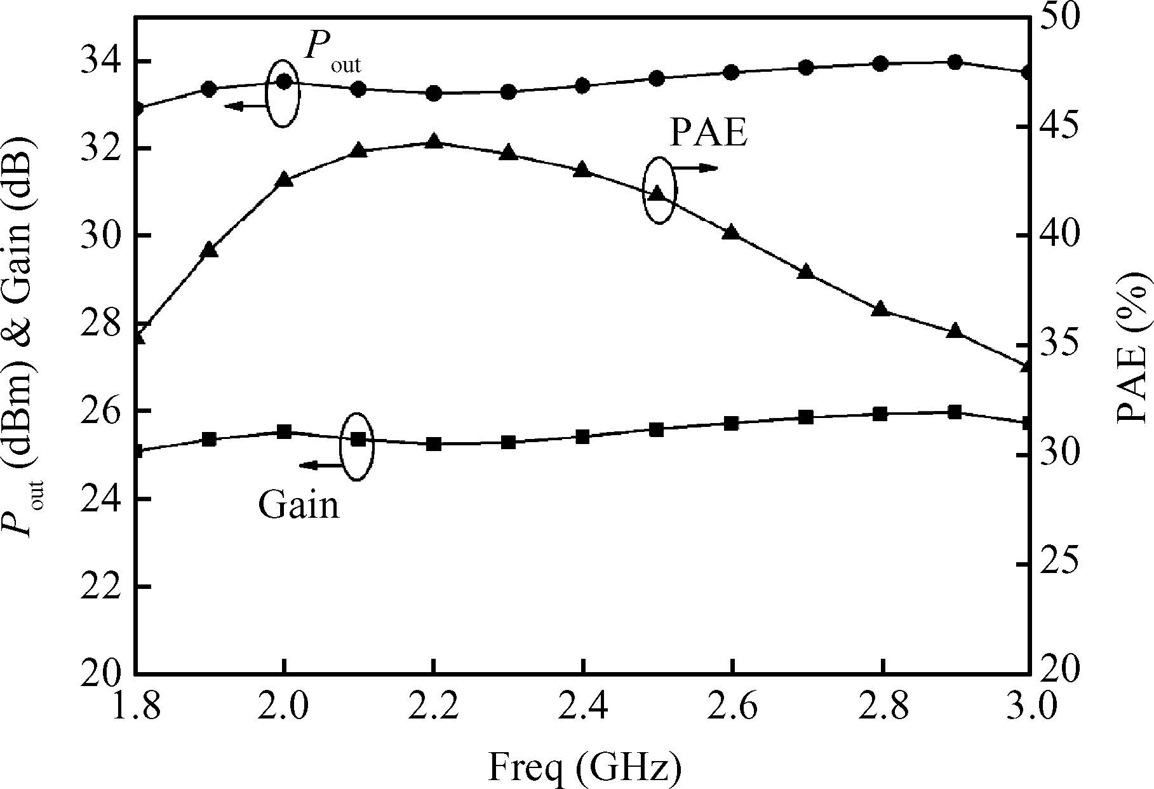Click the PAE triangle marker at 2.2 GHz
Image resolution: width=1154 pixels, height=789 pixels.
tap(434, 141)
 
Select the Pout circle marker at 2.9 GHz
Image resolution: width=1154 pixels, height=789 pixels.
tap(955, 62)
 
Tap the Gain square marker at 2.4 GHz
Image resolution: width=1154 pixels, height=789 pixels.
tap(582, 436)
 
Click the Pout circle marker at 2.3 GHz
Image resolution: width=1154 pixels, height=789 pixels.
tap(508, 93)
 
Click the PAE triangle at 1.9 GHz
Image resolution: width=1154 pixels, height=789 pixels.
tap(210, 250)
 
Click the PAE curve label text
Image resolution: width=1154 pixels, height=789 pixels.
tap(708, 133)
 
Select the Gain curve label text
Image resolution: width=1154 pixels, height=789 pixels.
tap(299, 506)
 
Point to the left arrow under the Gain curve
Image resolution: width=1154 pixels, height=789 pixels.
tap(320, 466)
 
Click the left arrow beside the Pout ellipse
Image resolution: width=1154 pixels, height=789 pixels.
tap(244, 106)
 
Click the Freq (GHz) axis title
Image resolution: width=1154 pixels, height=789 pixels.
tap(584, 767)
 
